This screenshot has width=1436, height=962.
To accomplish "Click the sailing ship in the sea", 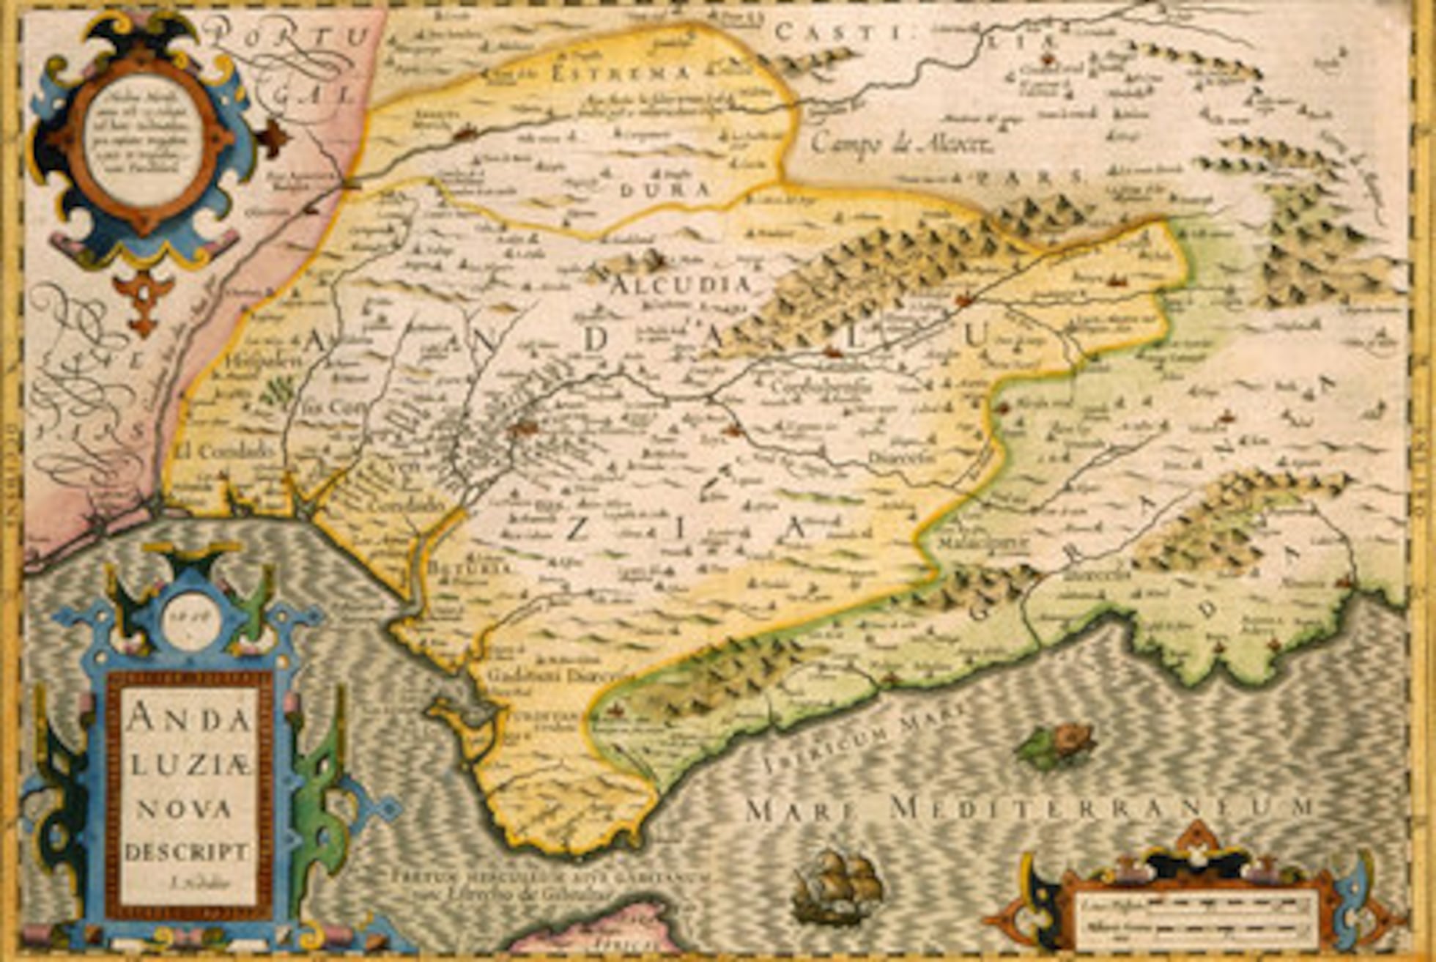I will [836, 887].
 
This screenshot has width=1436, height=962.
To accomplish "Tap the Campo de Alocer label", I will [900, 144].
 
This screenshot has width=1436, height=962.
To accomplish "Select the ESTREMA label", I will [620, 73].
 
